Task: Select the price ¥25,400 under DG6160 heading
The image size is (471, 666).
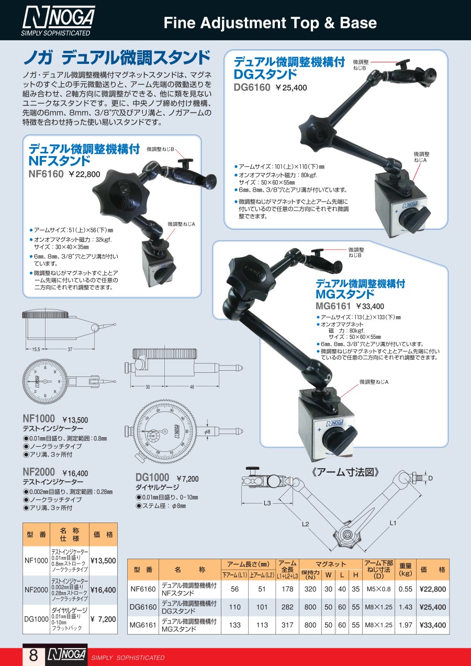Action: (x=291, y=88)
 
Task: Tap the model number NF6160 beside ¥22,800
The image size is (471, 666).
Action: (x=46, y=174)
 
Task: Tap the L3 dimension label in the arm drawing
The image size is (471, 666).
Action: (x=267, y=503)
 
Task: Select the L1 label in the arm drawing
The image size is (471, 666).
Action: (x=393, y=523)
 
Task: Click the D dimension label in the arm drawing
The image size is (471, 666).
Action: (x=430, y=479)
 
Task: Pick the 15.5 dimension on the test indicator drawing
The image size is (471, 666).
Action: (x=36, y=349)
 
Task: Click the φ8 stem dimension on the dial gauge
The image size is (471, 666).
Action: (x=207, y=432)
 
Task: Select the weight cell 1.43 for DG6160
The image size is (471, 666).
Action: (x=406, y=607)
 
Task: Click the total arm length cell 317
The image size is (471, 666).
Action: (x=287, y=625)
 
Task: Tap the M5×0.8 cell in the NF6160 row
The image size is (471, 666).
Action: (x=378, y=589)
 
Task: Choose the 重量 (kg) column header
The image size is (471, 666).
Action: (x=406, y=569)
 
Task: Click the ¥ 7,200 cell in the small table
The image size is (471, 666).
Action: (x=103, y=619)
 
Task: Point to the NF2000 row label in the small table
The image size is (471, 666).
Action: (x=36, y=590)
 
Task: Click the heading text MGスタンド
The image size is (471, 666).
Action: (x=345, y=294)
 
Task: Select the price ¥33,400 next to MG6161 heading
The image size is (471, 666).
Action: (x=370, y=306)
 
